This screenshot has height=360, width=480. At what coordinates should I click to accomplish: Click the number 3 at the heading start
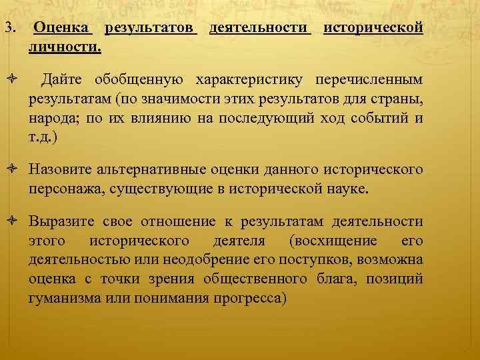pyautogui.click(x=7, y=29)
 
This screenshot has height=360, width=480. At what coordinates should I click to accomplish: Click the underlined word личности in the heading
pyautogui.click(x=63, y=48)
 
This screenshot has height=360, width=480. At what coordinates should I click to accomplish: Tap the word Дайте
pyautogui.click(x=63, y=81)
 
